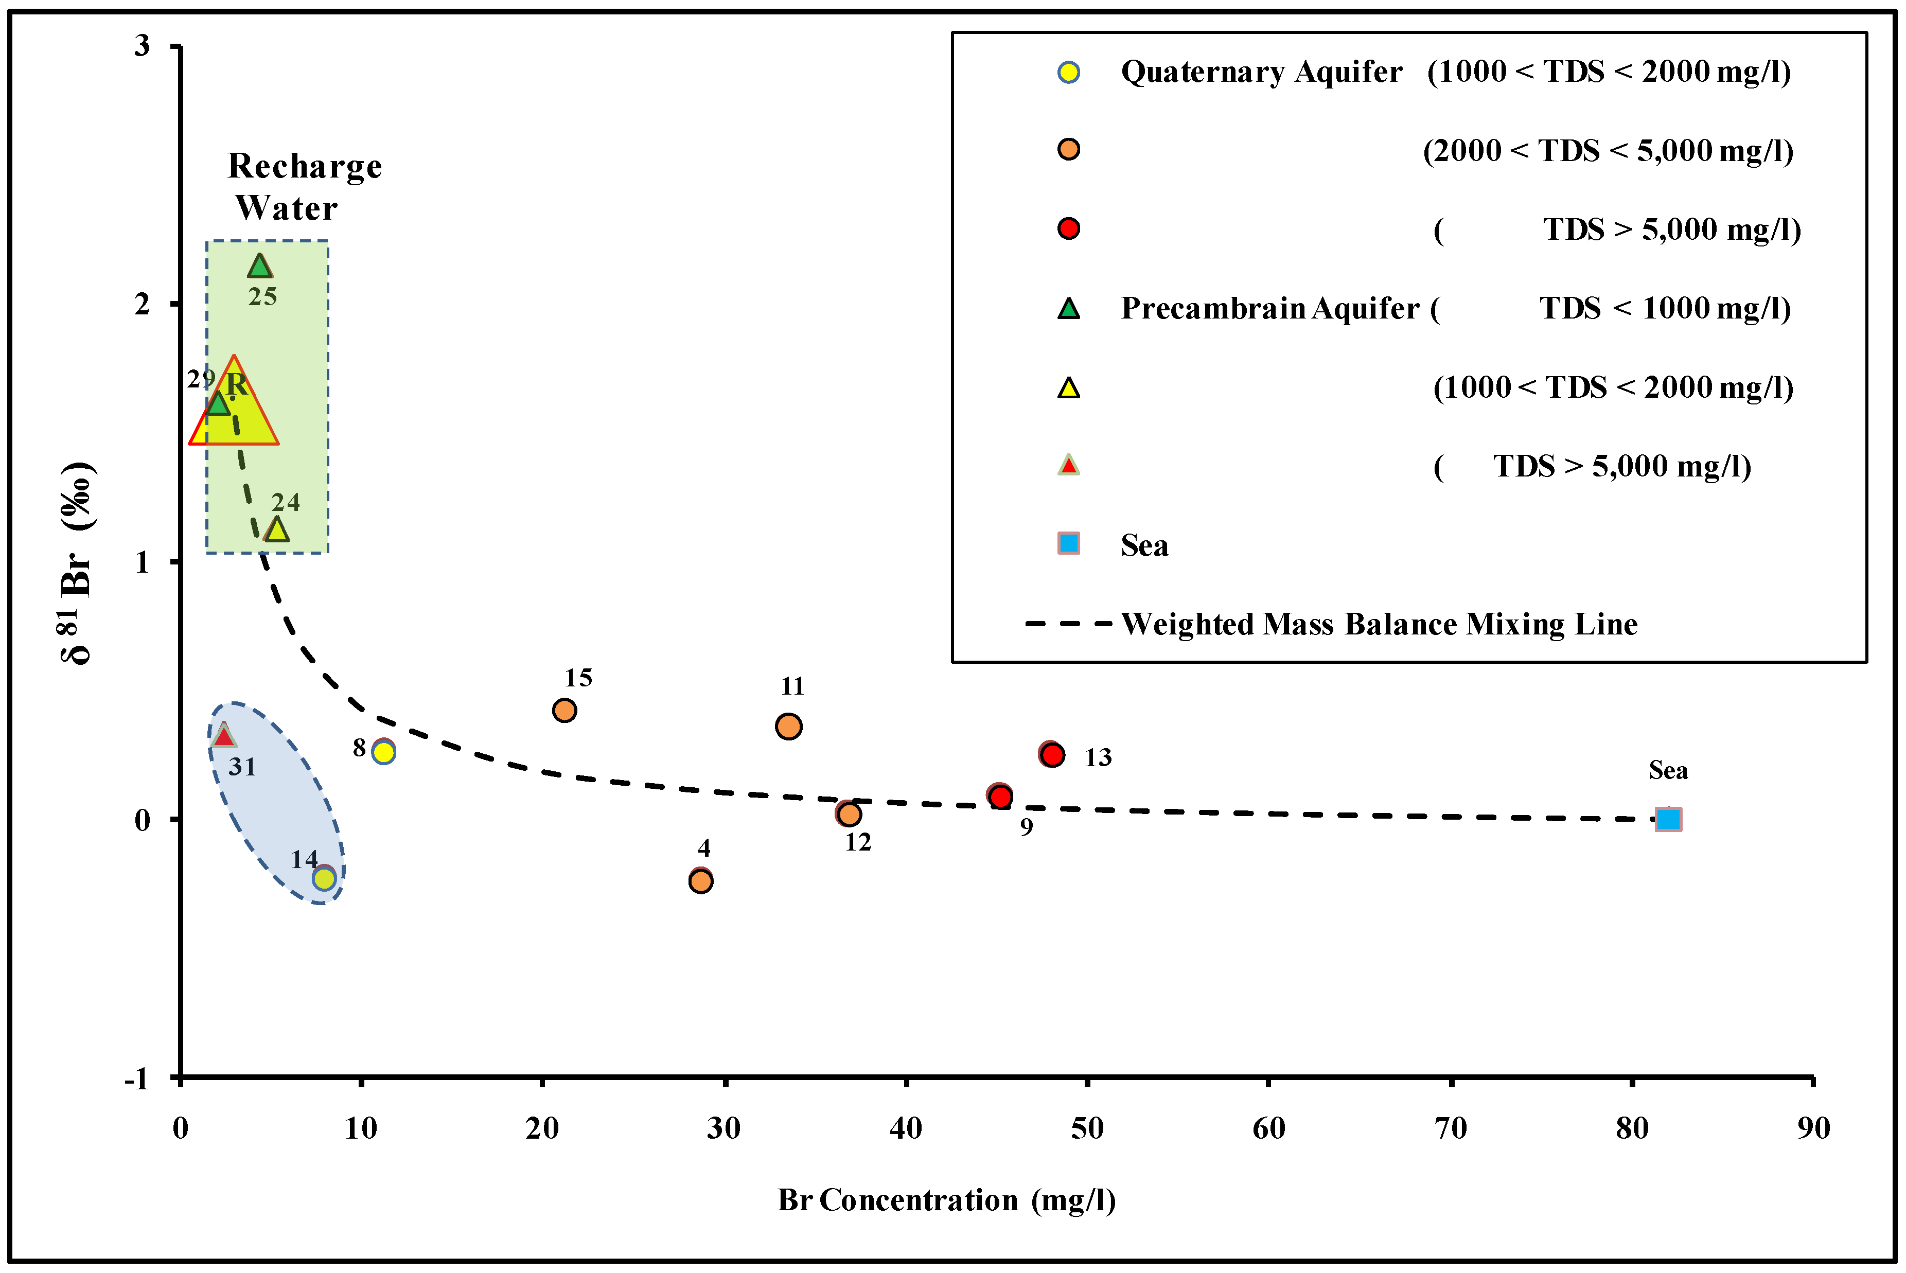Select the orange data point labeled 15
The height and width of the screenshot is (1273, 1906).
564,711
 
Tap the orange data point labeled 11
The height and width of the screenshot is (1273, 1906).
788,726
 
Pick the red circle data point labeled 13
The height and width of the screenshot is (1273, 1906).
1052,755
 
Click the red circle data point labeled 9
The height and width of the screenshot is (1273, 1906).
1000,797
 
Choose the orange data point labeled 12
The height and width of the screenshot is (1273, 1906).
849,814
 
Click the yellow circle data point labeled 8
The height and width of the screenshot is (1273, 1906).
383,752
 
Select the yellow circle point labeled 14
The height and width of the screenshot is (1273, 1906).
324,878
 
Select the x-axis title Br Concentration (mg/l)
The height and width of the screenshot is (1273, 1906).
946,1200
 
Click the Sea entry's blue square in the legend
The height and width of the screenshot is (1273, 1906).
1068,543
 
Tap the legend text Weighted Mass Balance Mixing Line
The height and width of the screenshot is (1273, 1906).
1379,624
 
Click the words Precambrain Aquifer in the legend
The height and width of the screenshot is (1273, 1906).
1269,309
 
